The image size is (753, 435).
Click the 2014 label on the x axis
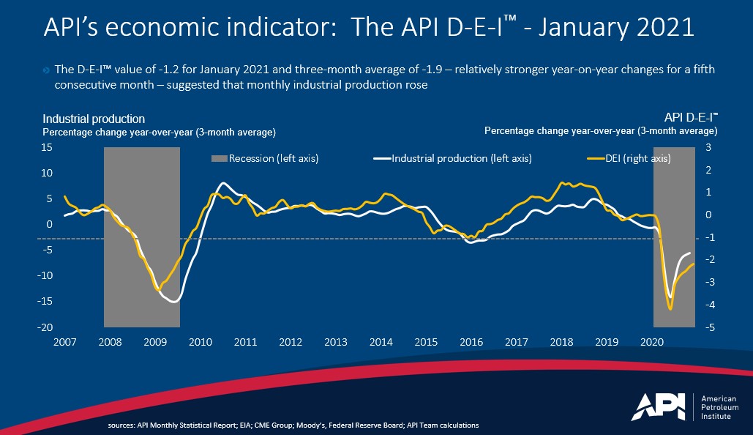pos(381,342)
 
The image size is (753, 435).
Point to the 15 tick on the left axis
pos(48,147)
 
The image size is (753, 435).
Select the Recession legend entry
pos(265,158)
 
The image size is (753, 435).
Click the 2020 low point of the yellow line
pos(670,309)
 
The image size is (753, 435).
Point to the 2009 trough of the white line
pos(173,301)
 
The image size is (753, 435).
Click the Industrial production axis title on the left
pos(94,119)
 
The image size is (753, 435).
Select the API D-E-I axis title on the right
pos(690,117)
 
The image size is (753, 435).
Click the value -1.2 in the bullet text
pos(154,70)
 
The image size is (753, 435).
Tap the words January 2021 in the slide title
pos(622,28)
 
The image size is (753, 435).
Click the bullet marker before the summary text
pos(48,70)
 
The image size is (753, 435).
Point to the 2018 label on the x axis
pos(561,342)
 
